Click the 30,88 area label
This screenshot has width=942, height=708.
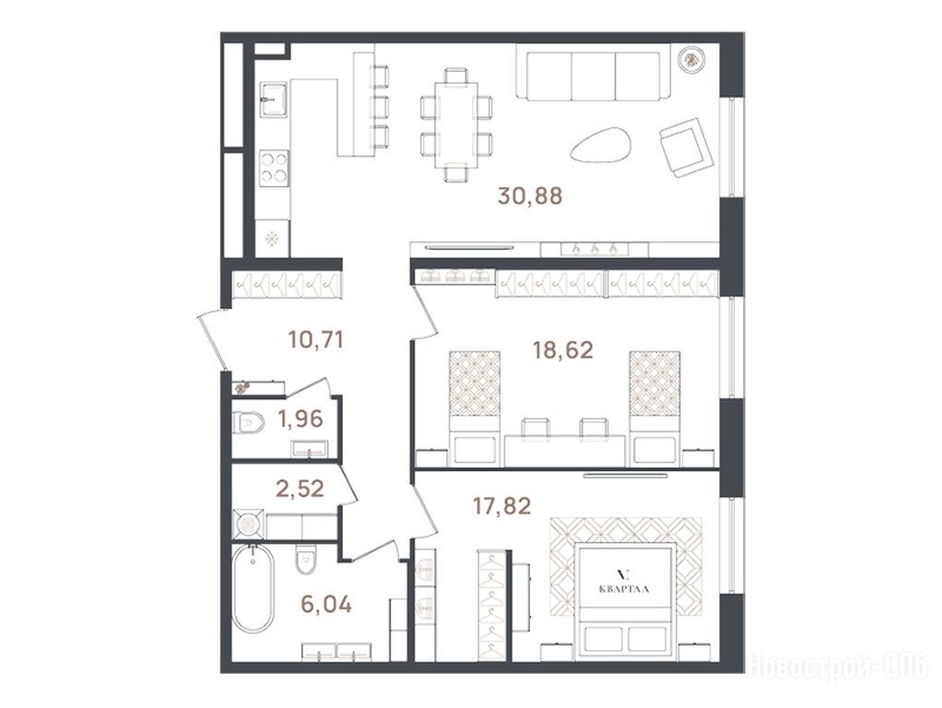pos(530,196)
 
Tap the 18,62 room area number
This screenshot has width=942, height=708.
pos(563,349)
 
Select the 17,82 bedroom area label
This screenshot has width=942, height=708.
pos(501,506)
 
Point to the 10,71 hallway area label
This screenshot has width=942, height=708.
pos(315,339)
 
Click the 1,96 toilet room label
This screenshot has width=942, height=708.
pos(300,419)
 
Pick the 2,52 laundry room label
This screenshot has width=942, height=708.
pos(300,488)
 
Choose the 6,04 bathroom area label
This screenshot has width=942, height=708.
pos(326,604)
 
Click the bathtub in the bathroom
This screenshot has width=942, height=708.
pos(253,588)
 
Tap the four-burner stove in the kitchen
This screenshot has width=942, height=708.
pos(274,167)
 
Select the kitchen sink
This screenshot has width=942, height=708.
pos(275,98)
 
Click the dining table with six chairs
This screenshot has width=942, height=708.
pos(456,125)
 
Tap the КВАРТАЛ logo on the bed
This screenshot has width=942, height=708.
pos(624,581)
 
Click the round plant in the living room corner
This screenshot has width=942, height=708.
pos(692,59)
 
